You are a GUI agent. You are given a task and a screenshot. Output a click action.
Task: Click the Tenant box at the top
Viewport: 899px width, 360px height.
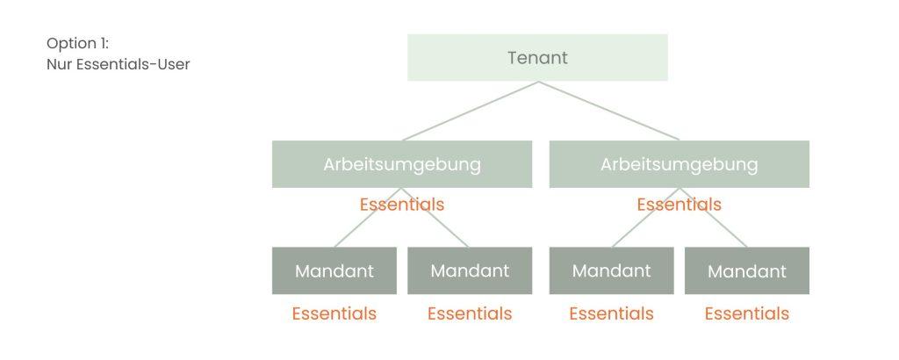coord(537,57)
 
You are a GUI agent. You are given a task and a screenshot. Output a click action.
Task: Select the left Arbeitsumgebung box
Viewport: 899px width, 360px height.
coord(402,164)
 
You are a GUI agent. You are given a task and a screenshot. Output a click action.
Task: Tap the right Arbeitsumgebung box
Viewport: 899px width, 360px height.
coord(680,164)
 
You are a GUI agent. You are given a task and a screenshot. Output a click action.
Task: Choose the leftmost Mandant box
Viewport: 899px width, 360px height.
coord(334,270)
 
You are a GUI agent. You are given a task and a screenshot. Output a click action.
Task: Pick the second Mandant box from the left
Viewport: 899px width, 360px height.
coord(470,270)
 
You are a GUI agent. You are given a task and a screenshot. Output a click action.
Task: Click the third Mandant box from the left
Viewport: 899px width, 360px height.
coord(612,270)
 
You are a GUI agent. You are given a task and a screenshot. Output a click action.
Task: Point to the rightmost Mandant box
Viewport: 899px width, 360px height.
coord(747,270)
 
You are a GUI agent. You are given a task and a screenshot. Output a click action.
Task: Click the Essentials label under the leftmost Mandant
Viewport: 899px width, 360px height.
coord(334,313)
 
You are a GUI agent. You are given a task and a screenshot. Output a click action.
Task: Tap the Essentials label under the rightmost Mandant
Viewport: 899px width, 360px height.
coord(747,313)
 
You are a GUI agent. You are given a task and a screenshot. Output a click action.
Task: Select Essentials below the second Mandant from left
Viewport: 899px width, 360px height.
coord(470,313)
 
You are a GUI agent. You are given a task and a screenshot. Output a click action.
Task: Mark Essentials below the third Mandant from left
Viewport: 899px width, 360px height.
coord(612,313)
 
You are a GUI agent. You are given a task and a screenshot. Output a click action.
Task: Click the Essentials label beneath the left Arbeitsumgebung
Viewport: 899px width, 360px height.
coord(402,205)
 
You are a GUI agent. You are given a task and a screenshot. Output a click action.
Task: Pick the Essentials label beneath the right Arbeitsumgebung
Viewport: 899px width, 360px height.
coord(680,205)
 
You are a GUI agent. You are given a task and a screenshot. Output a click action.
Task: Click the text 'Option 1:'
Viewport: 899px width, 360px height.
coord(77,44)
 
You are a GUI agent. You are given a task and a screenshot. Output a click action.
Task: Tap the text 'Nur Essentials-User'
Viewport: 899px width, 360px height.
coord(119,64)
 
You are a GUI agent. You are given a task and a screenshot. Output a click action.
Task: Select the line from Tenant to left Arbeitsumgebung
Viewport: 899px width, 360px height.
coord(471,111)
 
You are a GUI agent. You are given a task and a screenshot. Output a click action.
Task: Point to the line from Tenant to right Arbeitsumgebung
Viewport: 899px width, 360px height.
coord(609,111)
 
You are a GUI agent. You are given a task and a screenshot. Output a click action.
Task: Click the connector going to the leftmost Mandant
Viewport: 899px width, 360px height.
coord(368,217)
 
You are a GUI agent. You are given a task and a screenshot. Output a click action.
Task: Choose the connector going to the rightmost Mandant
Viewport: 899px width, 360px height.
coord(713,217)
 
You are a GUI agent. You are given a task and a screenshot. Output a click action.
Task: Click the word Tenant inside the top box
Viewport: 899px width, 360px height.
coord(537,58)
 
